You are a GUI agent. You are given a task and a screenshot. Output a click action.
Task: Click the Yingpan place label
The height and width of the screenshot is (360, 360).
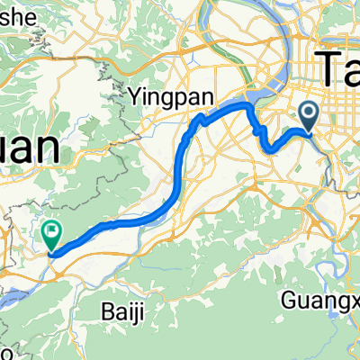tap(157, 94)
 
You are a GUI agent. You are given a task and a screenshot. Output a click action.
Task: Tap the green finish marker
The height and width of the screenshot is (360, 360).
tap(51, 234)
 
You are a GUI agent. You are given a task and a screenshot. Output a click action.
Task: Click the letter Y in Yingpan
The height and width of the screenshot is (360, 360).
tap(135, 94)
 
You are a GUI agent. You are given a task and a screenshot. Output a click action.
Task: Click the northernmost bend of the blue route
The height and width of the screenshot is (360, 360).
tap(243, 105)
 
